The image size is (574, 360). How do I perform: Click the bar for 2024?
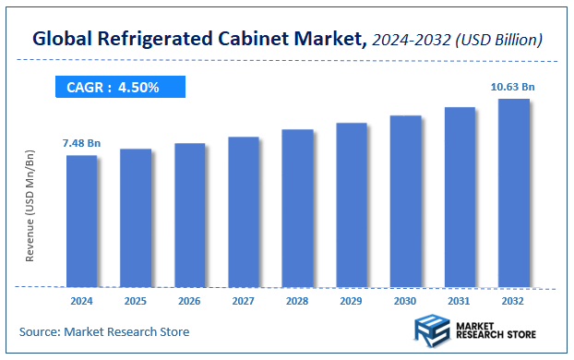coord(81,221)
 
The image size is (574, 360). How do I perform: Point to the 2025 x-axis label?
coord(136,301)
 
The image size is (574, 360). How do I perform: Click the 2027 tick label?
coord(244,301)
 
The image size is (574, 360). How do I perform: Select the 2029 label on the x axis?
coord(352,301)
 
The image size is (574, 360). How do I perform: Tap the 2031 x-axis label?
coord(460,301)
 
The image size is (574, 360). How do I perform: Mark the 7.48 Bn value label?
coord(81,143)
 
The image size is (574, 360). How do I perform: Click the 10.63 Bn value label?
coord(512,87)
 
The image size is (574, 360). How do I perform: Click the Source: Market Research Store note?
coord(104,331)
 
